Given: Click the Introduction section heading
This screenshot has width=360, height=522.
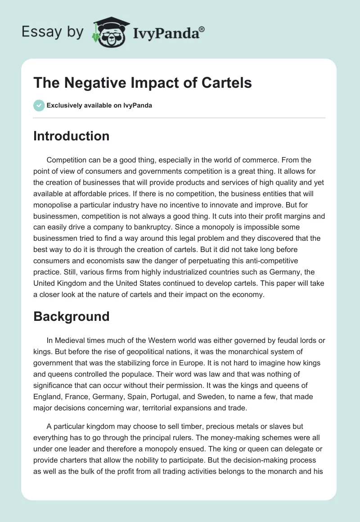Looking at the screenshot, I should click(71, 136).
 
